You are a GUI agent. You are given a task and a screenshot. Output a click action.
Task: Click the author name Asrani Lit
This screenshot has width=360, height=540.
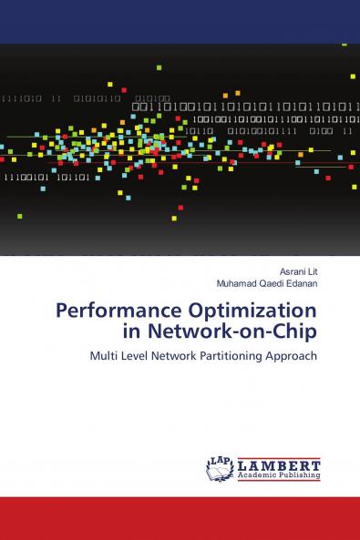click(x=299, y=271)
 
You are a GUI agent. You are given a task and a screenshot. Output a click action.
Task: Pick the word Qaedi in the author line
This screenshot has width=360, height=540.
click(x=273, y=283)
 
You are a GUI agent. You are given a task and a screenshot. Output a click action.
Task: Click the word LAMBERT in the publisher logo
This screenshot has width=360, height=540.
click(x=278, y=464)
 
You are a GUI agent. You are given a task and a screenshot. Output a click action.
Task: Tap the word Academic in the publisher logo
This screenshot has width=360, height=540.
click(x=257, y=474)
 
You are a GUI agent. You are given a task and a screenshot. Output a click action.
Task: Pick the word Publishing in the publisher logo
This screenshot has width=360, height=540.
click(x=300, y=474)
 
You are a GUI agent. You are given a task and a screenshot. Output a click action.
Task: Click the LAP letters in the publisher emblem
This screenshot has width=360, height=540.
click(x=220, y=459)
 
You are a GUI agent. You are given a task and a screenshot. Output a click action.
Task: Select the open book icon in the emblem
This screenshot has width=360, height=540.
click(x=220, y=471)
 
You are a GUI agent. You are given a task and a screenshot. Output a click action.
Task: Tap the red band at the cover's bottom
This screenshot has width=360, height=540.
click(x=180, y=518)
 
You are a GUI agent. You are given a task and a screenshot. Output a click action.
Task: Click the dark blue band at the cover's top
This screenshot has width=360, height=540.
click(x=180, y=21)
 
